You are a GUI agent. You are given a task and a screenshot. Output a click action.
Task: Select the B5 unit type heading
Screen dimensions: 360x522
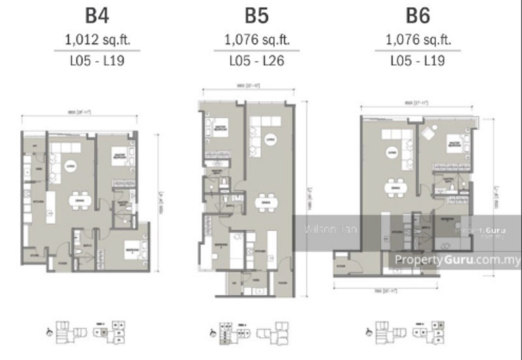click(256, 16)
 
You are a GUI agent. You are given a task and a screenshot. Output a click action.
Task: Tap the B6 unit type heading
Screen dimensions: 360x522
click(417, 16)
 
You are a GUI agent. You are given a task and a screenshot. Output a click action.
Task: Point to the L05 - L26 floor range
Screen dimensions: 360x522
click(256, 61)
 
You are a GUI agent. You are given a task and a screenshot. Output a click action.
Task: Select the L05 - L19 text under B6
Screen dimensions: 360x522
click(417, 61)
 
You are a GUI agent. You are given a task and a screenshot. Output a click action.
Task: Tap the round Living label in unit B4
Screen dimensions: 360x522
click(70, 166)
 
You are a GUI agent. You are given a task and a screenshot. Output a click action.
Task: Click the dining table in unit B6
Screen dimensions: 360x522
click(393, 187)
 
